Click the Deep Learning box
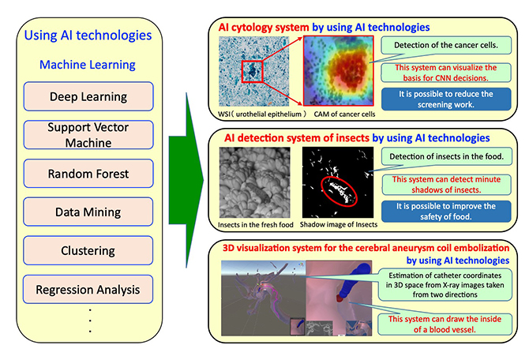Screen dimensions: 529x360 [x=88, y=96]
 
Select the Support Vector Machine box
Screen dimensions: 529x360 [x=88, y=135]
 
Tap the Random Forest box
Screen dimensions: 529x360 [x=88, y=174]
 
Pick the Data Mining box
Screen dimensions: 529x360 [x=88, y=212]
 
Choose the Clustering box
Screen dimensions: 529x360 [x=88, y=250]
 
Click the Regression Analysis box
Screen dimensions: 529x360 [x=88, y=289]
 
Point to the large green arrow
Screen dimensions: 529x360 [x=186, y=180]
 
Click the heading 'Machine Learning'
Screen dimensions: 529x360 [x=88, y=65]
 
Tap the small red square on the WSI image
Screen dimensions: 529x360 [x=252, y=72]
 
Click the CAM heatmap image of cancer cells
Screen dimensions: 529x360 [x=339, y=71]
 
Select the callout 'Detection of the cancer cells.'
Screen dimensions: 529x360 [x=446, y=45]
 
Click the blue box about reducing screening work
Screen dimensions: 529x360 [x=446, y=99]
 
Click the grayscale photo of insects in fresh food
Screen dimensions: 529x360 [x=255, y=182]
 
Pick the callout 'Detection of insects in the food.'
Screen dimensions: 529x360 [x=446, y=156]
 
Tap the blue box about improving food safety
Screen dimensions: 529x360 [x=446, y=212]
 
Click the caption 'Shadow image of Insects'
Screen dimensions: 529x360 [x=339, y=225]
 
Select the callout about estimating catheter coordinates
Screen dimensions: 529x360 [x=445, y=285]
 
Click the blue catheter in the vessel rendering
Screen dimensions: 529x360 [x=351, y=282]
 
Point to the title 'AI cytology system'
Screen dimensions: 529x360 [x=264, y=27]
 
